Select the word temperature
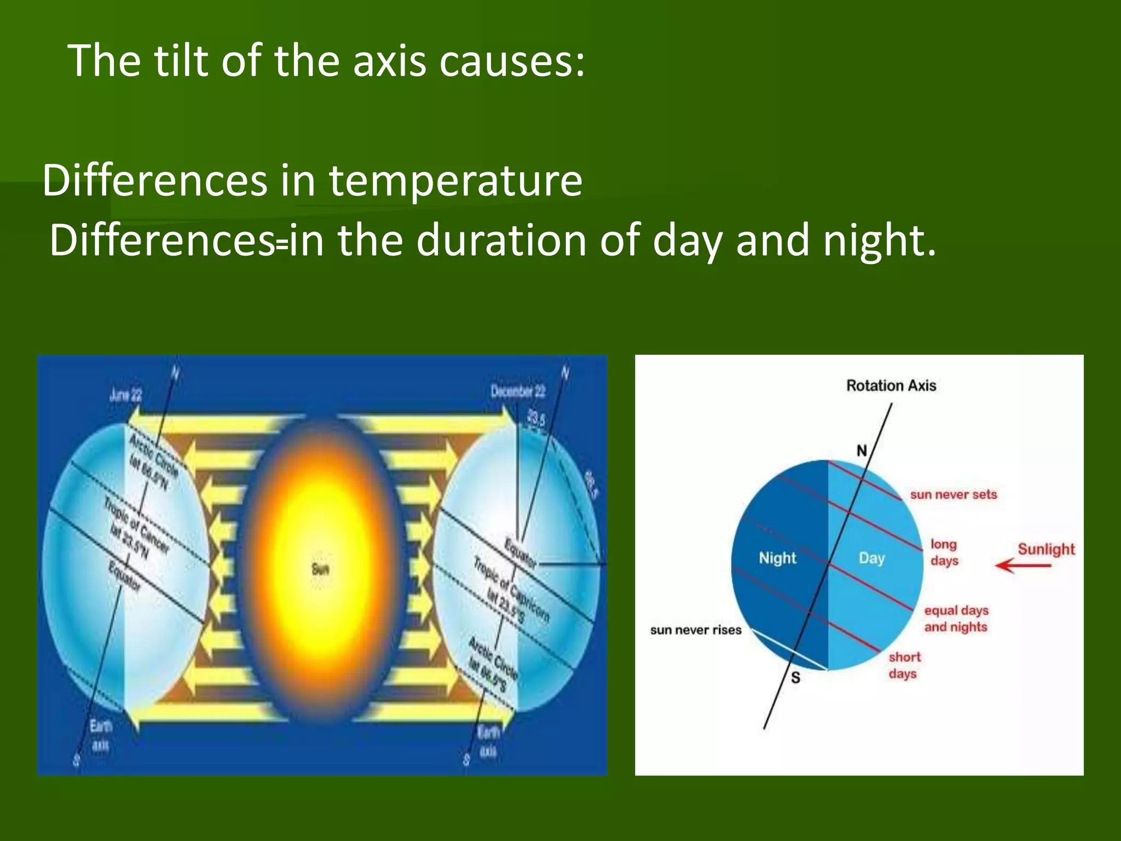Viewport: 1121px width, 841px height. pyautogui.click(x=455, y=181)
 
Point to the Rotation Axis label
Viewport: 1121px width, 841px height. pyautogui.click(x=891, y=386)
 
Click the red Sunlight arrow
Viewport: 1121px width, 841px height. pyautogui.click(x=1022, y=566)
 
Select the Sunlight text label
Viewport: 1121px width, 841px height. pyautogui.click(x=1046, y=549)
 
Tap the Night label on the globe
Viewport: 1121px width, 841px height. pyautogui.click(x=777, y=558)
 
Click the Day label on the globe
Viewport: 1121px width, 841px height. pyautogui.click(x=871, y=558)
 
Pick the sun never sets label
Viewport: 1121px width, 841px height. pyautogui.click(x=954, y=494)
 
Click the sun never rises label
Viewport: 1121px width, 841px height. pyautogui.click(x=696, y=630)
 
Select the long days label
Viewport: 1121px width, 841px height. pyautogui.click(x=944, y=552)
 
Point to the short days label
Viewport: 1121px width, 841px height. pyautogui.click(x=904, y=665)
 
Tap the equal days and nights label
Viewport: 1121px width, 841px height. pyautogui.click(x=956, y=618)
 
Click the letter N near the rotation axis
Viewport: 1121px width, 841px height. pyautogui.click(x=862, y=451)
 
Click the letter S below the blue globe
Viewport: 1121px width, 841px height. pyautogui.click(x=796, y=678)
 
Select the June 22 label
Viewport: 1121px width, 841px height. pyautogui.click(x=125, y=395)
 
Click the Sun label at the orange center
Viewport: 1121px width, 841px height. pyautogui.click(x=320, y=569)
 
